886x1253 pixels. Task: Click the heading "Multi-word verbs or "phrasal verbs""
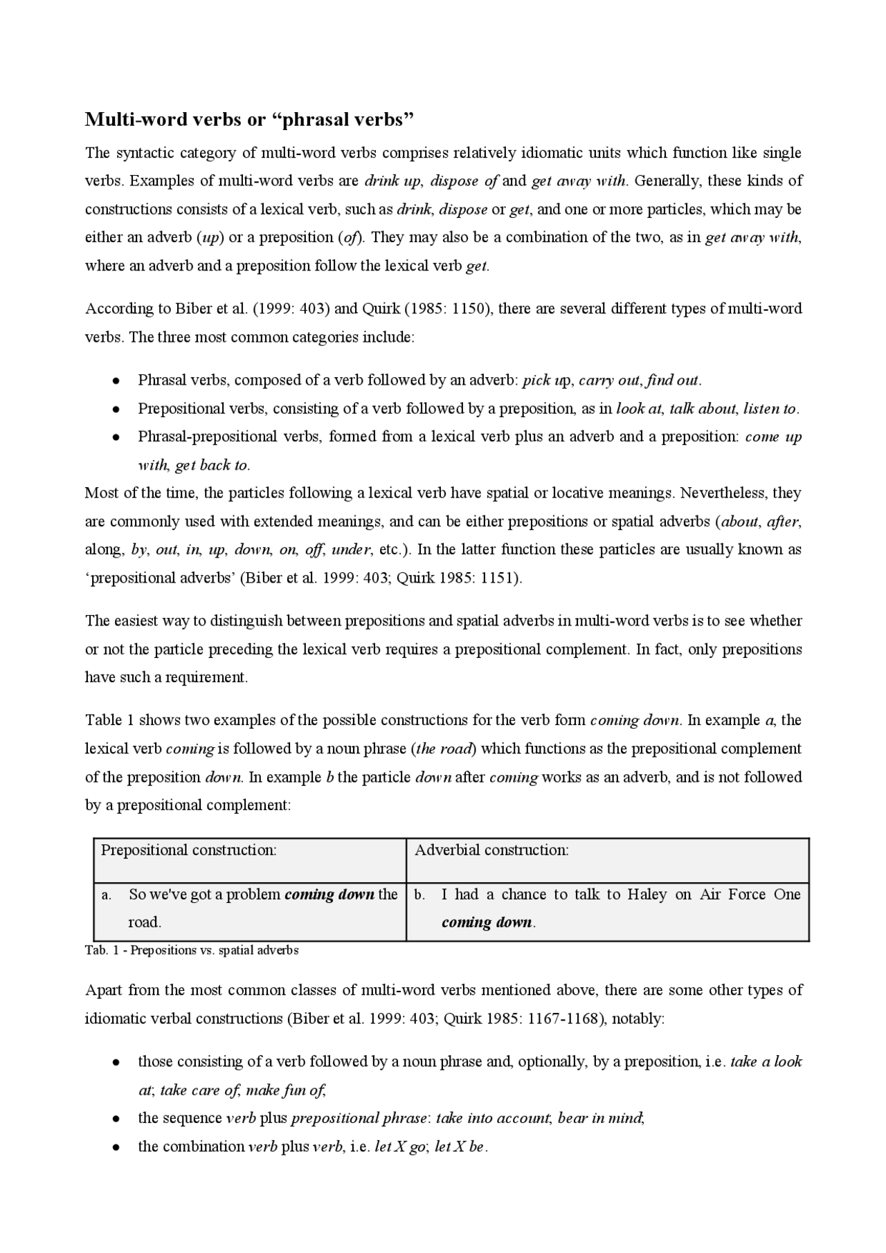[x=249, y=120]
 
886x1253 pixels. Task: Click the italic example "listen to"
[x=770, y=409]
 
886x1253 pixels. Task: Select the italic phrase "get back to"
[x=212, y=466]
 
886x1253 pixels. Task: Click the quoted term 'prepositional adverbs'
[x=160, y=578]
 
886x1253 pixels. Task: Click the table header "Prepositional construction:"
[x=189, y=850]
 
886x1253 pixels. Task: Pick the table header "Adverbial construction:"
[x=491, y=850]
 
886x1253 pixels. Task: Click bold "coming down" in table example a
[x=329, y=895]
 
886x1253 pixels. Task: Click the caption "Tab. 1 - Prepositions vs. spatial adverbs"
[x=192, y=951]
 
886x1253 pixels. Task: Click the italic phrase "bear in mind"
[x=600, y=1119]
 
